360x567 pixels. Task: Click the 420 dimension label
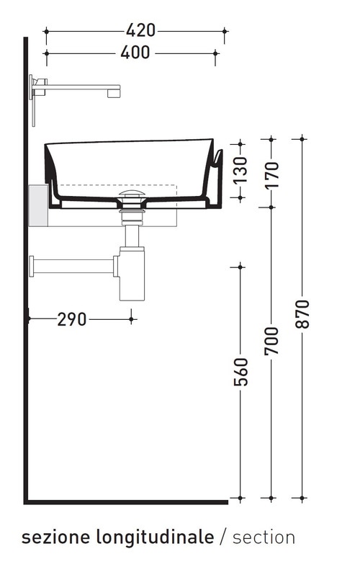click(140, 30)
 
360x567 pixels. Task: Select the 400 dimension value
click(135, 53)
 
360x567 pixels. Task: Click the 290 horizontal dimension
click(72, 318)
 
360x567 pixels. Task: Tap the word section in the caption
click(264, 537)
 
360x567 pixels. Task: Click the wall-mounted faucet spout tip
click(112, 91)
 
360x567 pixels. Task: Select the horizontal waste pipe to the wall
click(72, 266)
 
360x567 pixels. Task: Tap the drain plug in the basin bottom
click(131, 195)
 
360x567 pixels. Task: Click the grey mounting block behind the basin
click(37, 205)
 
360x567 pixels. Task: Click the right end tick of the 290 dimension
click(131, 317)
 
